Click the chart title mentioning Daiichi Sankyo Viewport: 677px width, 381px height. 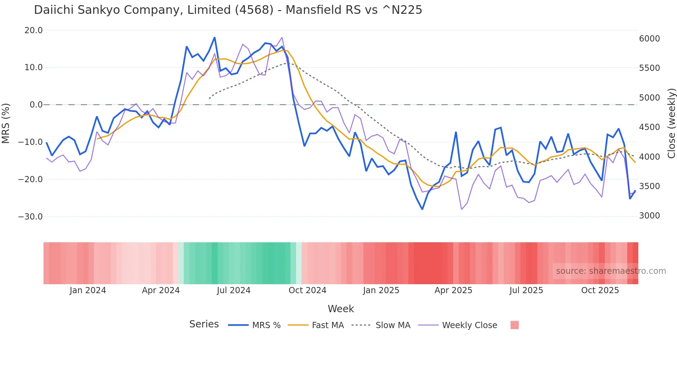[x=228, y=10]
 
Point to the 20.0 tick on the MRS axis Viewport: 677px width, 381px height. [x=34, y=30]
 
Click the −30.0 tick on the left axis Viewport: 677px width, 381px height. [x=30, y=217]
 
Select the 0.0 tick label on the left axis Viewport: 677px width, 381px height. [x=36, y=105]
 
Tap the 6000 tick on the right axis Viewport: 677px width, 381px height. [x=649, y=39]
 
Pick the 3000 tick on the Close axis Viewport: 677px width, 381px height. [x=649, y=216]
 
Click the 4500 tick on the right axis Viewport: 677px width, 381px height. [x=649, y=127]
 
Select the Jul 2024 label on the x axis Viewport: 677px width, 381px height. [x=233, y=290]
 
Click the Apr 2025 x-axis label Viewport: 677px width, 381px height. [x=453, y=290]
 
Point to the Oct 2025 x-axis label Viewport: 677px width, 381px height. [x=600, y=290]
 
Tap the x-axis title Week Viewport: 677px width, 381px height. [x=341, y=309]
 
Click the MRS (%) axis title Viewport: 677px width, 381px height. [x=6, y=123]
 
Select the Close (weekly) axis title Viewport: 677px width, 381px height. [x=671, y=123]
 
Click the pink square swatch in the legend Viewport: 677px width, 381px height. [x=514, y=325]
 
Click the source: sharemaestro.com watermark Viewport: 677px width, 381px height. [x=611, y=271]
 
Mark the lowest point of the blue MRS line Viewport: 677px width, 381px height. [x=422, y=209]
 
